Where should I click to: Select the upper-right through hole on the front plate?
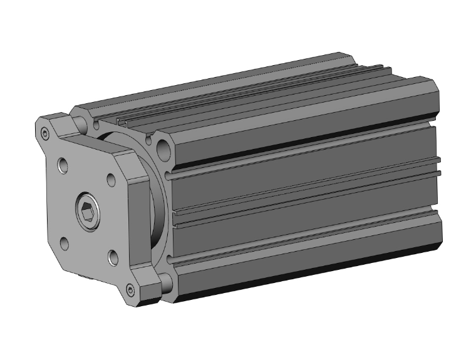pyautogui.click(x=111, y=180)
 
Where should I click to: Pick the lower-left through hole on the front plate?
pyautogui.click(x=63, y=242)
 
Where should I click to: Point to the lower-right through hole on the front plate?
pyautogui.click(x=113, y=256)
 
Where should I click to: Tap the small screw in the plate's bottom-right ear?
pyautogui.click(x=130, y=290)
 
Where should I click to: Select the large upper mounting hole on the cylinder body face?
pyautogui.click(x=164, y=149)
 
